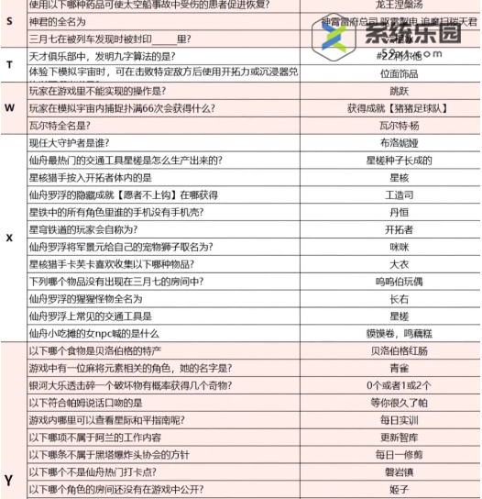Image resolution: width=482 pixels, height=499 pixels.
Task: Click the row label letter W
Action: coord(9,107)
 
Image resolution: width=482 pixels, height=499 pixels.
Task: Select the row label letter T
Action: coord(9,64)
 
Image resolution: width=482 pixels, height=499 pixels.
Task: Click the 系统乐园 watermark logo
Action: coord(385,35)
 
